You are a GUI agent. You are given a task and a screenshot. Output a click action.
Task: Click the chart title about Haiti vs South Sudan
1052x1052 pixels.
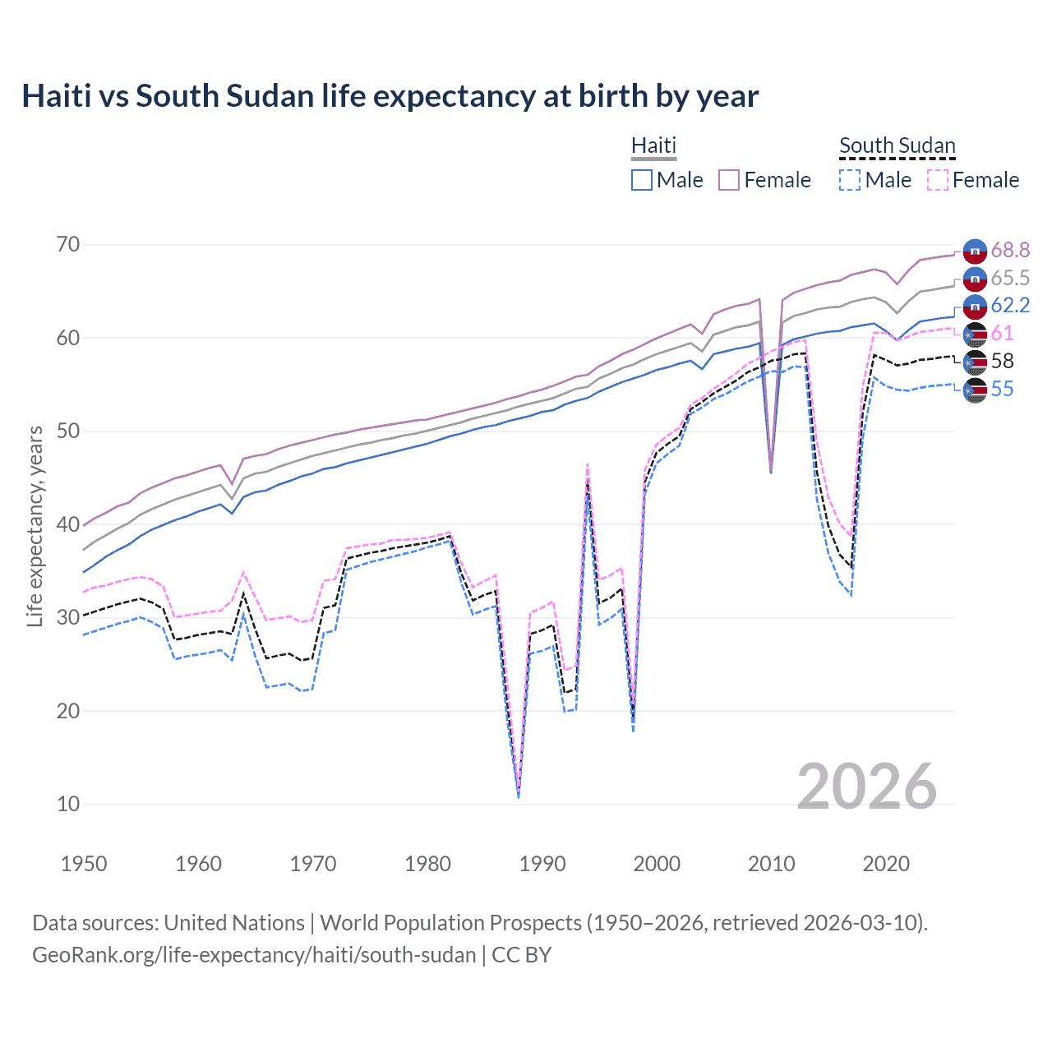[390, 96]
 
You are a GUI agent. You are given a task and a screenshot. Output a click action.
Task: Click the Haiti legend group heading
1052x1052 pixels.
[653, 145]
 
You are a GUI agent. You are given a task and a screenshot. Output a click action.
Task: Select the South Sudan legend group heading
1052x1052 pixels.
[897, 145]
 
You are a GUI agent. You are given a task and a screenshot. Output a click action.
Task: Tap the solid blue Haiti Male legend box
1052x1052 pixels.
[642, 180]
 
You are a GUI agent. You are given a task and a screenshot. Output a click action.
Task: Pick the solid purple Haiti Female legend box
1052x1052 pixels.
[730, 180]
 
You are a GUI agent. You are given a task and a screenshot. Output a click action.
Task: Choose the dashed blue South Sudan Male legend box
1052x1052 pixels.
[850, 180]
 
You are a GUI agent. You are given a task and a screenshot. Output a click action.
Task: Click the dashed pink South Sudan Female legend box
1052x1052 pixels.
[938, 180]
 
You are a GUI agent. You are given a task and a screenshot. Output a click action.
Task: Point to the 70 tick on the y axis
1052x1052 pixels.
[68, 244]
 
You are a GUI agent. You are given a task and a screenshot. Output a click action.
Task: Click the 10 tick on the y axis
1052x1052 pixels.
[68, 804]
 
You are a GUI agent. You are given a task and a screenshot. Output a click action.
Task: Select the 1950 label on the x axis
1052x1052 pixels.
[84, 864]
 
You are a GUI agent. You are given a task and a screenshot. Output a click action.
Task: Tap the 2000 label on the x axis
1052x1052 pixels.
[657, 864]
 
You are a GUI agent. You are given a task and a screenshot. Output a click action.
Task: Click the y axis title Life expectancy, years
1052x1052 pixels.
[35, 526]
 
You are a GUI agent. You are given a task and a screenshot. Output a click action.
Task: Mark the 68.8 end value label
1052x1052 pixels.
[1010, 250]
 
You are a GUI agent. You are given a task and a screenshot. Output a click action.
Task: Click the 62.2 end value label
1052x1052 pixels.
[1010, 306]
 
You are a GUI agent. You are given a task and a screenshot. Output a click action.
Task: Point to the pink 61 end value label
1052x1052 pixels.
[1002, 334]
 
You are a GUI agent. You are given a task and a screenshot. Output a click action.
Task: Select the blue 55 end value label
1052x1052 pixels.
[1002, 390]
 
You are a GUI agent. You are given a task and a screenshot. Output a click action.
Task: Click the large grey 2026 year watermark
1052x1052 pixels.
[866, 787]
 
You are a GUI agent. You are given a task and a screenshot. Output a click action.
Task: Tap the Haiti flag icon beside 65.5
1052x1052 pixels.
[975, 279]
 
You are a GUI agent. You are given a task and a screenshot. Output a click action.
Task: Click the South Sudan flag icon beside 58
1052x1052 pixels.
[975, 362]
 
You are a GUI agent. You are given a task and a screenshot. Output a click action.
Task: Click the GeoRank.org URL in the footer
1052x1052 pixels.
[254, 955]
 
